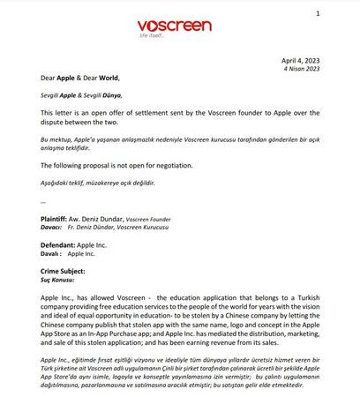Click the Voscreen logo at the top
pos(174,26)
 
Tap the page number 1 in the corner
pos(341,15)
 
